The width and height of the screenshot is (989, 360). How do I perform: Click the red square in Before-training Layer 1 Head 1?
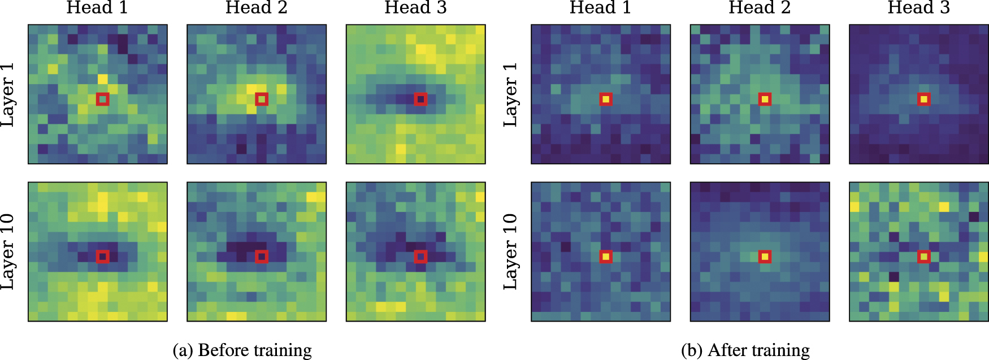coord(102,99)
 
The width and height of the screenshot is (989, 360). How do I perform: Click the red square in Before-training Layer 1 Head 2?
coord(261,99)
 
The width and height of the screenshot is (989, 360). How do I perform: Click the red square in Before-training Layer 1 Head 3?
coord(420,99)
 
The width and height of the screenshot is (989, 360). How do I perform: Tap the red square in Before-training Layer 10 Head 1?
coord(102,257)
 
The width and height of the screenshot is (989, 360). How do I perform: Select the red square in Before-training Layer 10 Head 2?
coord(261,257)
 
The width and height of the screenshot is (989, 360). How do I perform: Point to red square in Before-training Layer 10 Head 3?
coord(420,257)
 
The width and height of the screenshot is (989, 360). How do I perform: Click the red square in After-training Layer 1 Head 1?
coord(606,99)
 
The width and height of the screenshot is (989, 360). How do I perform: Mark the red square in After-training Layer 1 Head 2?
coord(765,99)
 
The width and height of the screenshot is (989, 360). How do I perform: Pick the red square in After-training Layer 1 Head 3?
coord(924,99)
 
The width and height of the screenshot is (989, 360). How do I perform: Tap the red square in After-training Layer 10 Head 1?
coord(606,257)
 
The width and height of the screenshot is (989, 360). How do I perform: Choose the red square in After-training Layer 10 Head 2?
coord(765,257)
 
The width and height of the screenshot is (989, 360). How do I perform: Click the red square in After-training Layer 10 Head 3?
coord(924,257)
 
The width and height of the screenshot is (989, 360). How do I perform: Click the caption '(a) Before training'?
coord(242,350)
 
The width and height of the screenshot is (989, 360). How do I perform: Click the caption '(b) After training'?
coord(745,350)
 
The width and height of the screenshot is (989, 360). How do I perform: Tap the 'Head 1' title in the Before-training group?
coord(97,8)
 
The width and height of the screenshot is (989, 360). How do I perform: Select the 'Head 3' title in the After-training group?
coord(918,8)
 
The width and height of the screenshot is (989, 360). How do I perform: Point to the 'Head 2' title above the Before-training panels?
coord(257,8)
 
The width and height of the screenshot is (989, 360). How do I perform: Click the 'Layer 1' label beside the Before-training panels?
coord(8,94)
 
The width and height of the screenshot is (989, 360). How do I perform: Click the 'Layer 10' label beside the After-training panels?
coord(511,252)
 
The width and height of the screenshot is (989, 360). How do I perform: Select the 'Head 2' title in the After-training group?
coord(760,8)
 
